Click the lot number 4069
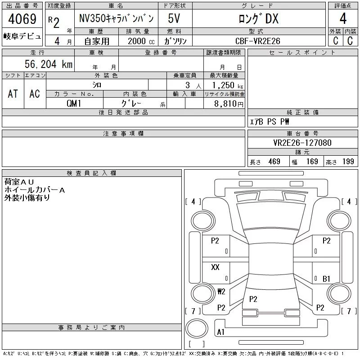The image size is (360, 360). pyautogui.click(x=22, y=19)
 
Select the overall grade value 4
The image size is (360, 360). pyautogui.click(x=343, y=18)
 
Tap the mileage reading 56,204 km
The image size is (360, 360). pyautogui.click(x=49, y=64)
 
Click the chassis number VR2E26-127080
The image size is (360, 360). pyautogui.click(x=302, y=143)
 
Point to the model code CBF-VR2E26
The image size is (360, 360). pyautogui.click(x=258, y=41)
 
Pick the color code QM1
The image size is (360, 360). pyautogui.click(x=74, y=103)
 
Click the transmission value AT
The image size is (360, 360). pyautogui.click(x=13, y=94)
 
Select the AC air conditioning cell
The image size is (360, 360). pyautogui.click(x=35, y=94)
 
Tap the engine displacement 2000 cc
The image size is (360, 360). pyautogui.click(x=141, y=41)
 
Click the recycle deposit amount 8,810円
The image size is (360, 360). pyautogui.click(x=229, y=104)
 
